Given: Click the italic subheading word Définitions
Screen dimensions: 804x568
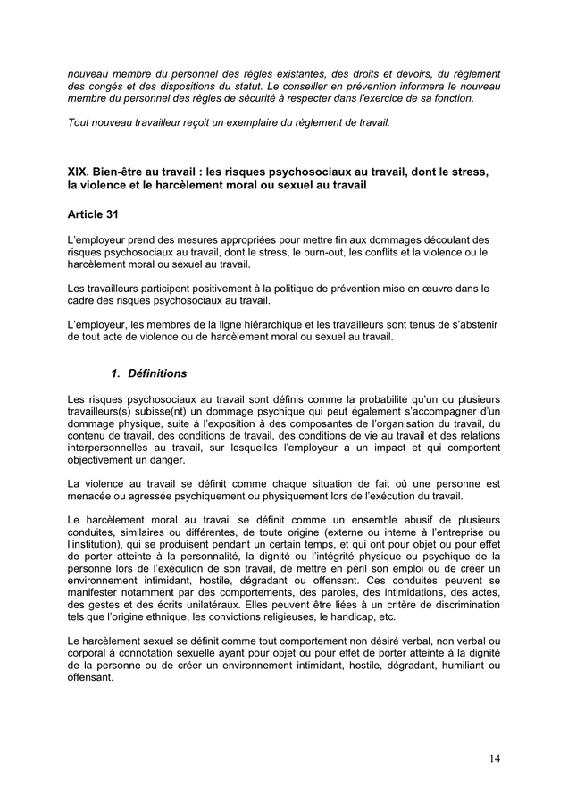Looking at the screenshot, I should pos(157,373).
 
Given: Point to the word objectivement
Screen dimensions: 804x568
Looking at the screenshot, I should pos(104,460).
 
